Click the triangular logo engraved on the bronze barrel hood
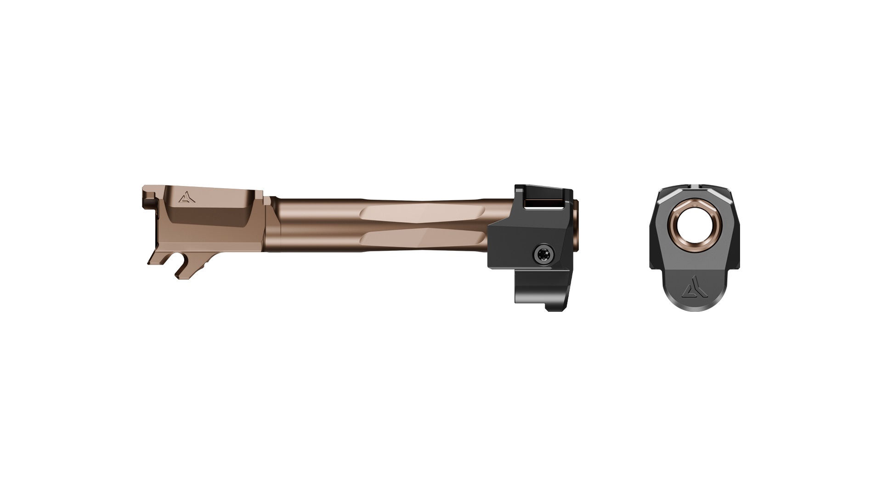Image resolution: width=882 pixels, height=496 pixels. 185,198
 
